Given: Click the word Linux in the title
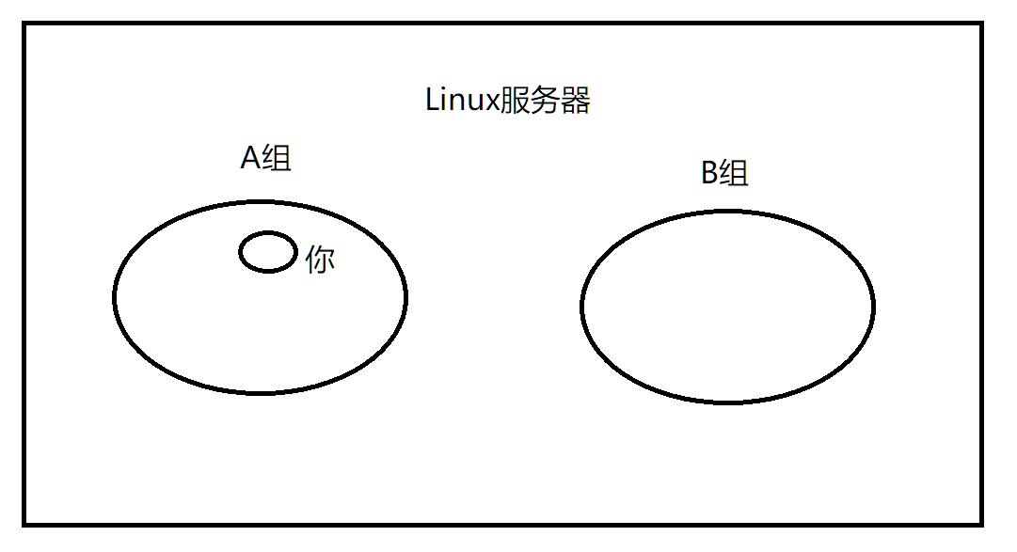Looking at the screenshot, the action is pyautogui.click(x=462, y=100).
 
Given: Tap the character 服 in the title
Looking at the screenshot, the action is pyautogui.click(x=514, y=101).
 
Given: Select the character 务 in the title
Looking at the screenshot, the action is pyautogui.click(x=545, y=101).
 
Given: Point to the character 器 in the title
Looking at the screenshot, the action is pyautogui.click(x=575, y=101).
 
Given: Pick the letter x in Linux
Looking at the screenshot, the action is pyautogui.click(x=489, y=103).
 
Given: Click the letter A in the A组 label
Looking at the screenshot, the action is pyautogui.click(x=250, y=158).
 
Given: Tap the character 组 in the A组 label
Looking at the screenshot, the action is pyautogui.click(x=278, y=158).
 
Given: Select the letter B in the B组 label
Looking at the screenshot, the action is pyautogui.click(x=710, y=174).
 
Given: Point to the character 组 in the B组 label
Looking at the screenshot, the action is pyautogui.click(x=735, y=174).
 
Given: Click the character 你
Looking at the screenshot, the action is pyautogui.click(x=320, y=259).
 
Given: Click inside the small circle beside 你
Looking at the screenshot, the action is pyautogui.click(x=268, y=252).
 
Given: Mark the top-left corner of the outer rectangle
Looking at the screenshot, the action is pyautogui.click(x=25, y=24).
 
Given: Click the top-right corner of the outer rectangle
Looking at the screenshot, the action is pyautogui.click(x=981, y=24).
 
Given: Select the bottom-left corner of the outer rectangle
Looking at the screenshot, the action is pyautogui.click(x=25, y=524).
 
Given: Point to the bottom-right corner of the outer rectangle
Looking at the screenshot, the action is pyautogui.click(x=981, y=524).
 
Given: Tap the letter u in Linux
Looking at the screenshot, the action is pyautogui.click(x=474, y=103).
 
